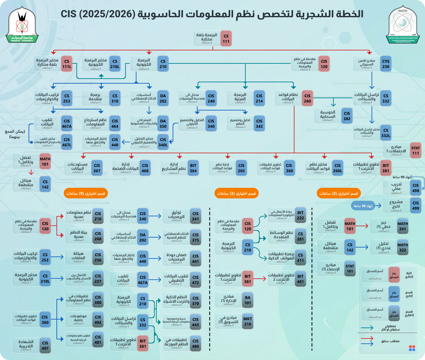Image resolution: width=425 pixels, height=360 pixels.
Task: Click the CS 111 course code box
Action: (226, 39)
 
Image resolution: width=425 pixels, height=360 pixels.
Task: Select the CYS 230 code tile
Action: (385, 64)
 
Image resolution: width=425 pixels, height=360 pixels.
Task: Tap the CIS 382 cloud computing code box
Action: (347, 116)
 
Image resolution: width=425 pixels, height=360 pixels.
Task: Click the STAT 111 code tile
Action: (415, 151)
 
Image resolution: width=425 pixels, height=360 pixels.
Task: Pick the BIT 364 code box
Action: (193, 168)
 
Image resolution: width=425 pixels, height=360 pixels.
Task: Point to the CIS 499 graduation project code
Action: (416, 205)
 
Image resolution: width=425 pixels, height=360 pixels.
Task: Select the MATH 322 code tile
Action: (403, 248)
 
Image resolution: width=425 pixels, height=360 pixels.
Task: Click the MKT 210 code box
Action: (248, 321)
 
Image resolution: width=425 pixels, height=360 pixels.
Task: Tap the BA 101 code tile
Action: (248, 300)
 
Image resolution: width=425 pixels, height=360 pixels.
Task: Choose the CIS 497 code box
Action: (45, 345)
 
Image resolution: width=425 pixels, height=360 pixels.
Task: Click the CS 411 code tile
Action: (300, 258)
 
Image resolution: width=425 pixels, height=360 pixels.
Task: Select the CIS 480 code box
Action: (196, 343)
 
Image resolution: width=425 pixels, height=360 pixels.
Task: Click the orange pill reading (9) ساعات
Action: (86, 193)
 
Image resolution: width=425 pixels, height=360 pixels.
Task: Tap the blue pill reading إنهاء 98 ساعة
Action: (363, 206)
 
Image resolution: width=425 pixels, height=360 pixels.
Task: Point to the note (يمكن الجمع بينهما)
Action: (15, 134)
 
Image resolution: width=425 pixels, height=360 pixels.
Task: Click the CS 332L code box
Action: (386, 133)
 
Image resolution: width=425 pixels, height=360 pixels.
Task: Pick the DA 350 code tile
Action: (163, 124)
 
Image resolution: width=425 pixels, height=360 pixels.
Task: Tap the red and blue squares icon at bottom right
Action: (412, 348)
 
